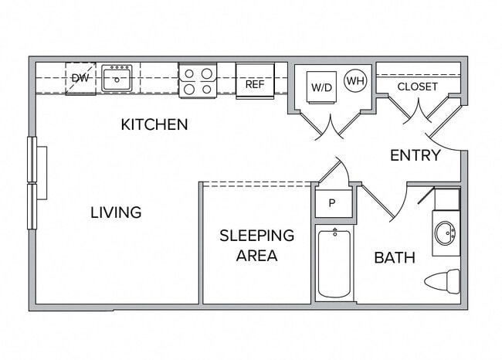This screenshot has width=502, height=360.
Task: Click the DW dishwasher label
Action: click(x=80, y=78)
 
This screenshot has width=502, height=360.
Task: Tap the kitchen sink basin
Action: click(x=117, y=79)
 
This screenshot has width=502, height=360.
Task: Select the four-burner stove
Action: click(x=198, y=80)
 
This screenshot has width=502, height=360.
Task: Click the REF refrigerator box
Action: click(x=255, y=83)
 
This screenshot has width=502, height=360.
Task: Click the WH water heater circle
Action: click(x=354, y=80)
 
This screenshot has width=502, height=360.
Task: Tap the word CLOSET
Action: click(x=417, y=87)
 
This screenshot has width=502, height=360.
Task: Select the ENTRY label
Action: click(x=415, y=155)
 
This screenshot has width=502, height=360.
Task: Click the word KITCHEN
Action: click(x=154, y=124)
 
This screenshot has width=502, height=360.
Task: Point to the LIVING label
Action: click(x=116, y=212)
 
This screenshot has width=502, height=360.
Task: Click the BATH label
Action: click(x=395, y=257)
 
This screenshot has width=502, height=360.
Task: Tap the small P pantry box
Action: click(x=333, y=203)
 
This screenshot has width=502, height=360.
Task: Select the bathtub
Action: click(x=334, y=263)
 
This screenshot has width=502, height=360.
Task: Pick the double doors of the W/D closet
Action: click(x=331, y=127)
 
